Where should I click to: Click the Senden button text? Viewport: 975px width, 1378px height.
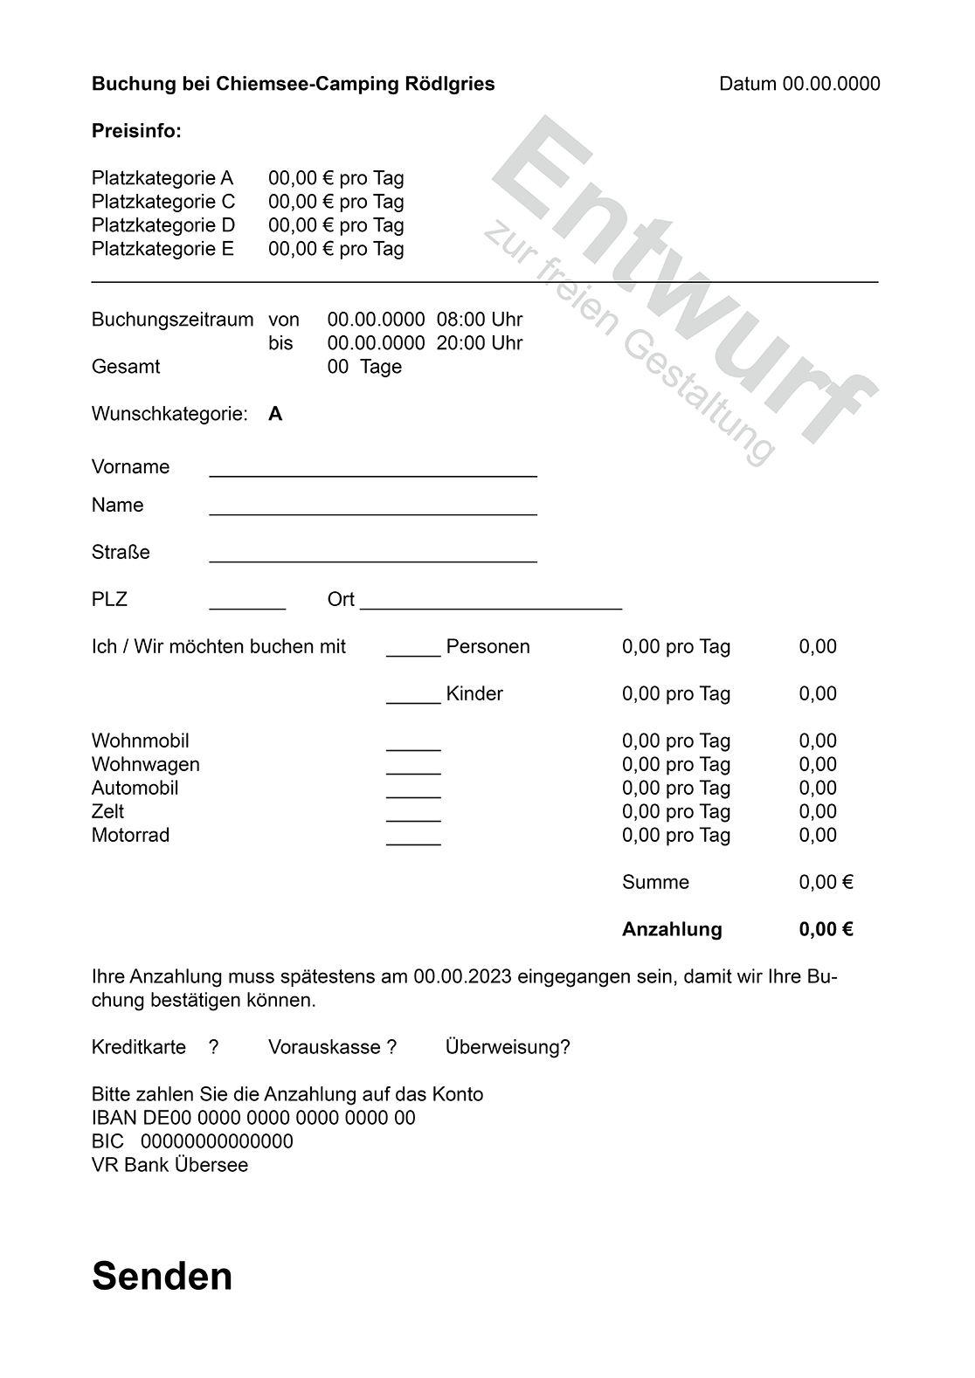pos(162,1276)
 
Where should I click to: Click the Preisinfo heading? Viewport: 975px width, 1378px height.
pos(136,132)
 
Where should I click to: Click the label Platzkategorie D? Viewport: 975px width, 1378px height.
pos(163,225)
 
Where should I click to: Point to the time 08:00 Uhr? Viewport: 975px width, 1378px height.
pos(480,320)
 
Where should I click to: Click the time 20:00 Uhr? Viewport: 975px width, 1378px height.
pos(480,343)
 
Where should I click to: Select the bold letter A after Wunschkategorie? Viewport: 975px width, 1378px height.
pos(275,414)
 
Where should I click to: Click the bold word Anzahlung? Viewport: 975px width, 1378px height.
pos(672,929)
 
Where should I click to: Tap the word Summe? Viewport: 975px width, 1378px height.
pos(655,882)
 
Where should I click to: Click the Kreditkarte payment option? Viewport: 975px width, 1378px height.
pos(139,1047)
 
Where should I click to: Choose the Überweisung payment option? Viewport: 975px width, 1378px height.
pos(508,1047)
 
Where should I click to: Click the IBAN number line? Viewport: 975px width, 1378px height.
pos(253,1118)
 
